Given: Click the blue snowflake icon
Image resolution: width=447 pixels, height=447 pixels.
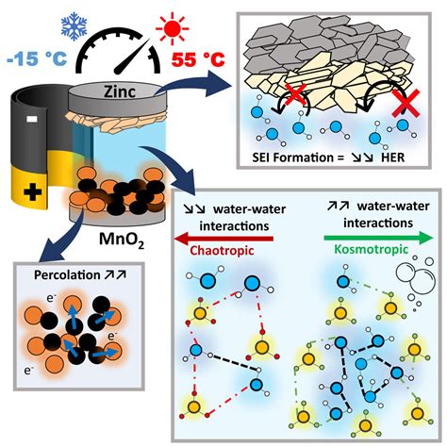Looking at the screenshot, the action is coord(74,26).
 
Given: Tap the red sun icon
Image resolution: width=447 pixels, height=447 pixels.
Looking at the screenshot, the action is coord(172,29).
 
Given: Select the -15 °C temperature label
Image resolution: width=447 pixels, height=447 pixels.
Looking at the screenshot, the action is coord(37,58).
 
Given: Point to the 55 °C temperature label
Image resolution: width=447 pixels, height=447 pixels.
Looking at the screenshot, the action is coord(199,59).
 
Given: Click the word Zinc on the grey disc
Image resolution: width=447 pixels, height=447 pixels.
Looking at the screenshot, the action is coord(120,91).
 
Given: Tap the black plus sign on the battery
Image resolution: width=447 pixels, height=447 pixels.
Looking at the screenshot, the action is coord(33,192).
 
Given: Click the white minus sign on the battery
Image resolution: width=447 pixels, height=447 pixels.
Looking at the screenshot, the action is coord(32,119).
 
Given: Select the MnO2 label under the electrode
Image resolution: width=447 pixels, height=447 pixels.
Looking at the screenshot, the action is coord(122,240).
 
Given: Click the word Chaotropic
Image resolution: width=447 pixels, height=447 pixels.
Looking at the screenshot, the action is coord(222,251).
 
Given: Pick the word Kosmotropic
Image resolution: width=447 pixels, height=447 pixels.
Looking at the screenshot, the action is coord(371,249).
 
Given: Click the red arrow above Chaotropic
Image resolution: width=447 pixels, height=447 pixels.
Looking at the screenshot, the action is coord(223,239).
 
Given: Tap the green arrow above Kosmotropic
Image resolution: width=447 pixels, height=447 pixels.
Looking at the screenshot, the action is coord(378,238).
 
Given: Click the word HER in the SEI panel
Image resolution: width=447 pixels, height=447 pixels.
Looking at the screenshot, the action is coord(392,157).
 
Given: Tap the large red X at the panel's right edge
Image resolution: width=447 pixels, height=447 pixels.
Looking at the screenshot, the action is coord(406,104).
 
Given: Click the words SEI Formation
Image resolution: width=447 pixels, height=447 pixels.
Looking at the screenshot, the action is coord(289,157).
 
